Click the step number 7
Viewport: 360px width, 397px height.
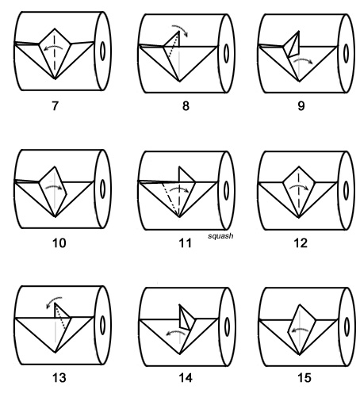55,106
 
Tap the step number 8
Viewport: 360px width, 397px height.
186,106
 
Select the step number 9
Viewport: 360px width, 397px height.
301,106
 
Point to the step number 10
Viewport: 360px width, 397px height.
59,243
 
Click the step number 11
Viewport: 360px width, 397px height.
186,243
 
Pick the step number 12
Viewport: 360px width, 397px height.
301,243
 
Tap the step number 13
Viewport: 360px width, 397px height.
59,378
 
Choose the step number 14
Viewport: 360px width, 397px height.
186,378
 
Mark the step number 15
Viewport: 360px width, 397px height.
304,378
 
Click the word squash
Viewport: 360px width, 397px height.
220,236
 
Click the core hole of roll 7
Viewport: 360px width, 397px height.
103,51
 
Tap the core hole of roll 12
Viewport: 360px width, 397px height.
346,190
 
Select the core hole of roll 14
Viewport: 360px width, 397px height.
227,326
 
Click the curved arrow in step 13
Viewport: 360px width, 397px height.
52,300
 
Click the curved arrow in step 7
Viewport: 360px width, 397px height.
54,47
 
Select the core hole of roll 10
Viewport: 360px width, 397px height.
103,189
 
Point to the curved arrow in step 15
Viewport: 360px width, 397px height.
300,330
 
